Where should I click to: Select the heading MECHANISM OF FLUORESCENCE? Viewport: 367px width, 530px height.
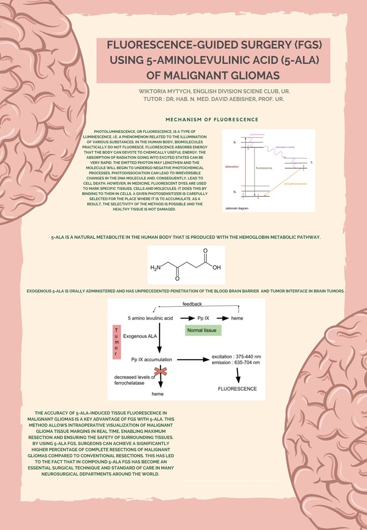(x=212, y=119)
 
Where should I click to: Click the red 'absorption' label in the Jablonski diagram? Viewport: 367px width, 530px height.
(x=232, y=167)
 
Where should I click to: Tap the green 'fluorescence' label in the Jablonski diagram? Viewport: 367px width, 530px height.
(x=264, y=168)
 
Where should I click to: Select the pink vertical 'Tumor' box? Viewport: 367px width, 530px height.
(x=116, y=341)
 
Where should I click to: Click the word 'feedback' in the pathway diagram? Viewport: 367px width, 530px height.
(x=192, y=304)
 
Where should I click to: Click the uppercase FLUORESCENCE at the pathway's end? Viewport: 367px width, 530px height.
(x=238, y=389)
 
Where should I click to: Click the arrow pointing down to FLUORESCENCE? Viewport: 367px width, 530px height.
(x=238, y=376)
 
